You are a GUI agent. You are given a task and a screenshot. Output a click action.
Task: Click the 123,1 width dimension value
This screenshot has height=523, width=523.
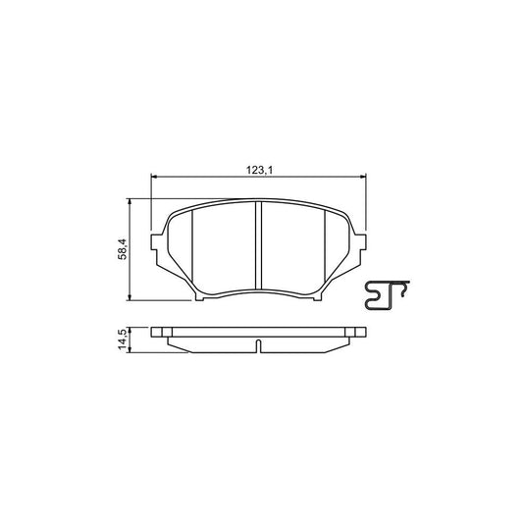click(258, 170)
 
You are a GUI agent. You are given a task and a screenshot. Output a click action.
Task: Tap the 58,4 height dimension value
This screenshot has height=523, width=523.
click(122, 249)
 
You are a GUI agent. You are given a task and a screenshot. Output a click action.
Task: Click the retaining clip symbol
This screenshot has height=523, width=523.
click(386, 295)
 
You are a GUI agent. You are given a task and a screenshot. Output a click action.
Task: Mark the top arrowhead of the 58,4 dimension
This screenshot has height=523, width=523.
click(131, 200)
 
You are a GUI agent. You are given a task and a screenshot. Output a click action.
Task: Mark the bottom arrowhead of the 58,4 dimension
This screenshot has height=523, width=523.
click(131, 297)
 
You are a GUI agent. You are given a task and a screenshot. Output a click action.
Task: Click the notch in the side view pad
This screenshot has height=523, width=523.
click(257, 345)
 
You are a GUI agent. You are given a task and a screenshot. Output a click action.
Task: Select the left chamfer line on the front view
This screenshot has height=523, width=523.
click(193, 250)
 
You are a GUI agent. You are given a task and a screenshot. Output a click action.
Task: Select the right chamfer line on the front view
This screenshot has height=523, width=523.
click(324, 250)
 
